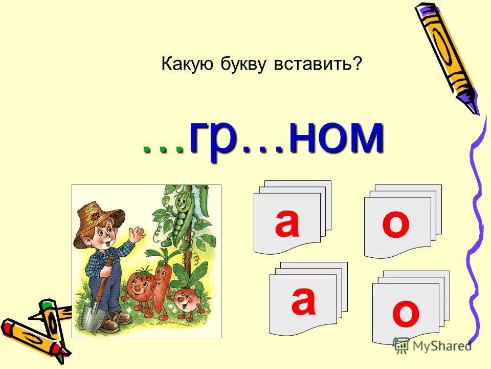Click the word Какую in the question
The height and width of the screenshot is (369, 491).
(x=185, y=64)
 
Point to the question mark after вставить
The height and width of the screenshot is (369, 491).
(x=358, y=64)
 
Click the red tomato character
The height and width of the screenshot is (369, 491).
(x=135, y=290)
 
